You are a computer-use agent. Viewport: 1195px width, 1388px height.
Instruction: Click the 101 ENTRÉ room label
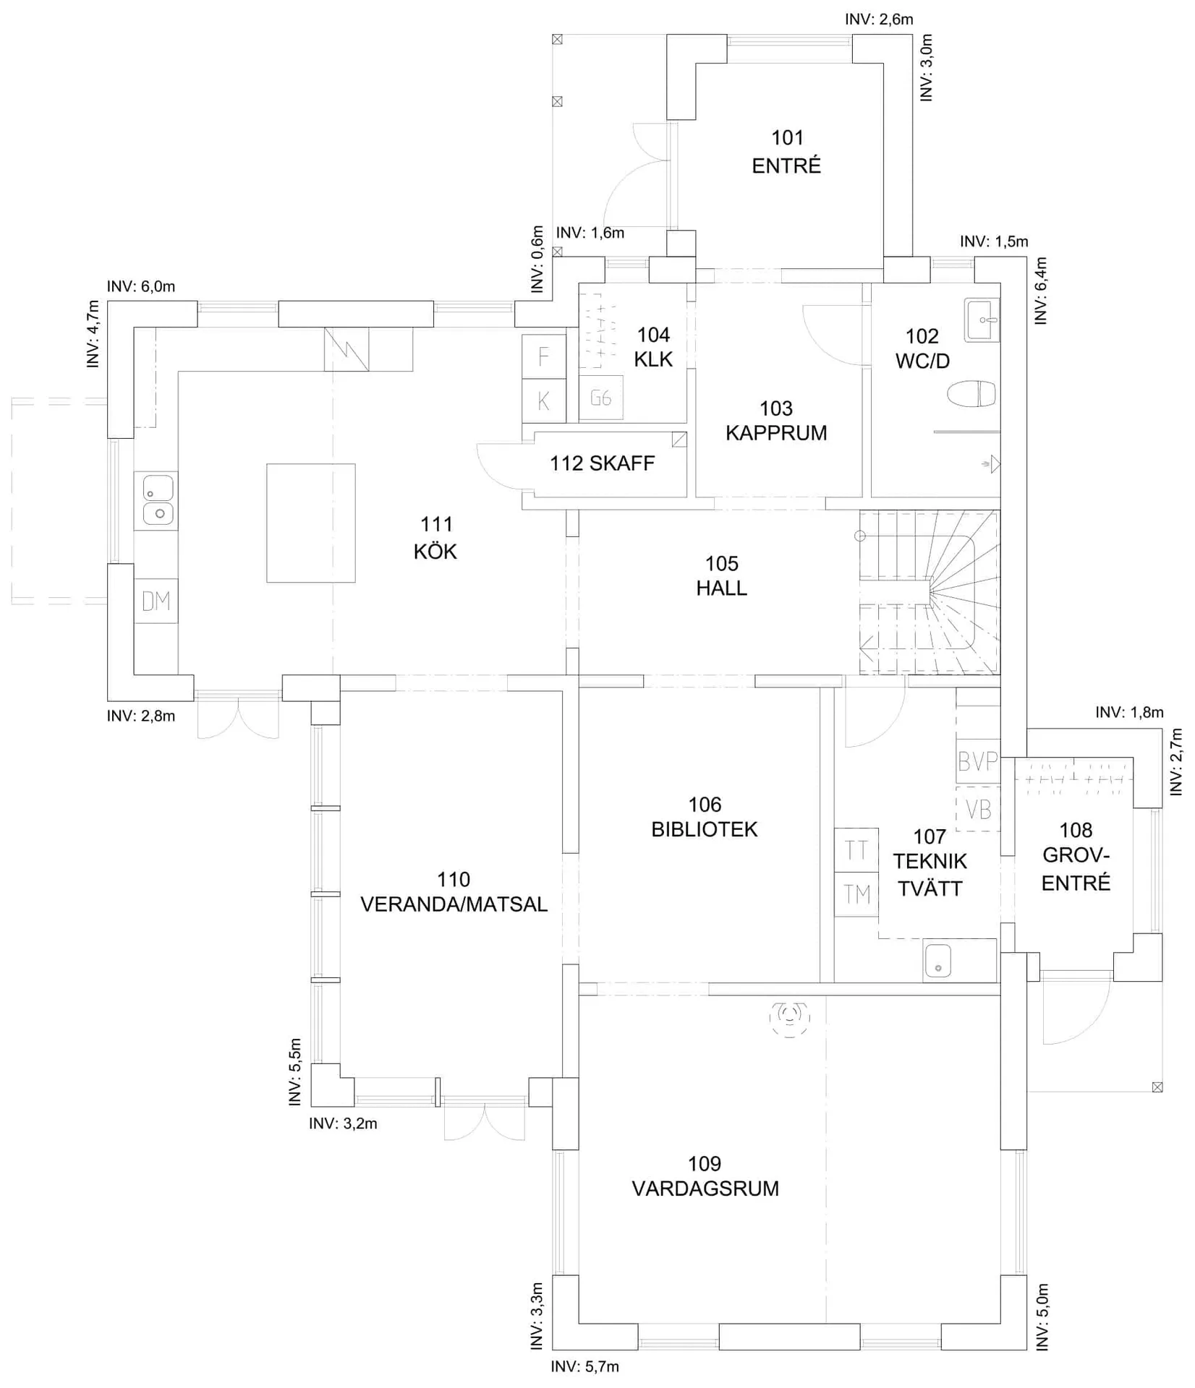(786, 152)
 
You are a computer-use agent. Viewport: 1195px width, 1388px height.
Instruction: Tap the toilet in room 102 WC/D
(971, 395)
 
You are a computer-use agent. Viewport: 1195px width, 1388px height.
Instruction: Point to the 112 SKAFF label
(602, 463)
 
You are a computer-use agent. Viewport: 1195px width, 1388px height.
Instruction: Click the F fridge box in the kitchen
(544, 356)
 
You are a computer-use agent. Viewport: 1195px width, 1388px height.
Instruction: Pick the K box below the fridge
(544, 400)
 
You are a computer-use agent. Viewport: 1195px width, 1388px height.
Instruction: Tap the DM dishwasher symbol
(156, 601)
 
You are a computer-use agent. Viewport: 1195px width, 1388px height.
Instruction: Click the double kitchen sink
(156, 500)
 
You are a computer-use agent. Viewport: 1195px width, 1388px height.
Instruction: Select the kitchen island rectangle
(311, 523)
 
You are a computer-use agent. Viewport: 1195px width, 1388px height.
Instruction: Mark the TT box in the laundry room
(856, 850)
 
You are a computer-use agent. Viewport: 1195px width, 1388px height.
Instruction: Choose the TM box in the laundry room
(856, 895)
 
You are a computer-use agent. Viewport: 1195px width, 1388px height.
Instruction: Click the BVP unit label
(978, 761)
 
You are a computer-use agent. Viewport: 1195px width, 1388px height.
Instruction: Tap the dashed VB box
(978, 809)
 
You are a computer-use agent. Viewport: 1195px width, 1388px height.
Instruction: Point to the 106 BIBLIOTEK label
(705, 817)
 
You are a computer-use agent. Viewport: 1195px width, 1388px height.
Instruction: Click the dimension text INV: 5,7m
(585, 1366)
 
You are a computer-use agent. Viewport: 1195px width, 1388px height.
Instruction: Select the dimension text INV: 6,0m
(141, 286)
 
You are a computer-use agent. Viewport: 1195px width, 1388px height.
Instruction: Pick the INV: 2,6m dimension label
(879, 20)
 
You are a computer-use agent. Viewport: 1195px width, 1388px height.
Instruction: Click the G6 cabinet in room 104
(601, 398)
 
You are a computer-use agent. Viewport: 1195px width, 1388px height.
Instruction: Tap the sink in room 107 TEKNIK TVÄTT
(938, 961)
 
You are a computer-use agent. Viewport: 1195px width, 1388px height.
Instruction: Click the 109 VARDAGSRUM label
(705, 1176)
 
